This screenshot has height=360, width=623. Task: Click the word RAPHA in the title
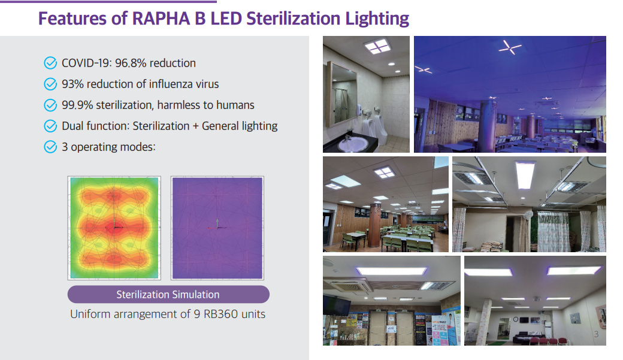[x=161, y=19]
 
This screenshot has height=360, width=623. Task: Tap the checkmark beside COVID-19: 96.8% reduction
[x=50, y=63]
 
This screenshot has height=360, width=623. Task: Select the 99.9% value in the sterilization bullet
[x=77, y=105]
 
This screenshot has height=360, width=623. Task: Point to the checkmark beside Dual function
[x=50, y=126]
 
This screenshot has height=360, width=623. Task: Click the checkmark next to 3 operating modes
[x=50, y=147]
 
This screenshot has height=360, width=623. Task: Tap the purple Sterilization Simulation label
[x=168, y=295]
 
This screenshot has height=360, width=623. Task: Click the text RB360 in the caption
[x=220, y=314]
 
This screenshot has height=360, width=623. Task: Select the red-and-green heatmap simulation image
[x=114, y=228]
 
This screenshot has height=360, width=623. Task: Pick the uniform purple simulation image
[x=217, y=228]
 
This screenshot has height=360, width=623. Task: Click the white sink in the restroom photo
[x=353, y=143]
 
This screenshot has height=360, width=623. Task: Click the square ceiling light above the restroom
[x=378, y=47]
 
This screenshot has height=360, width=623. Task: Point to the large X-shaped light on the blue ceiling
[x=510, y=48]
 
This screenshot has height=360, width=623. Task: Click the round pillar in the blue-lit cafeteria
[x=488, y=124]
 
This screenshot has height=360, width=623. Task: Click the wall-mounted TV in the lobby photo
[x=337, y=305]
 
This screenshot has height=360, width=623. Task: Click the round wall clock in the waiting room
[x=515, y=319]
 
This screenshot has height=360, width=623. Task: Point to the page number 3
[x=596, y=334]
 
